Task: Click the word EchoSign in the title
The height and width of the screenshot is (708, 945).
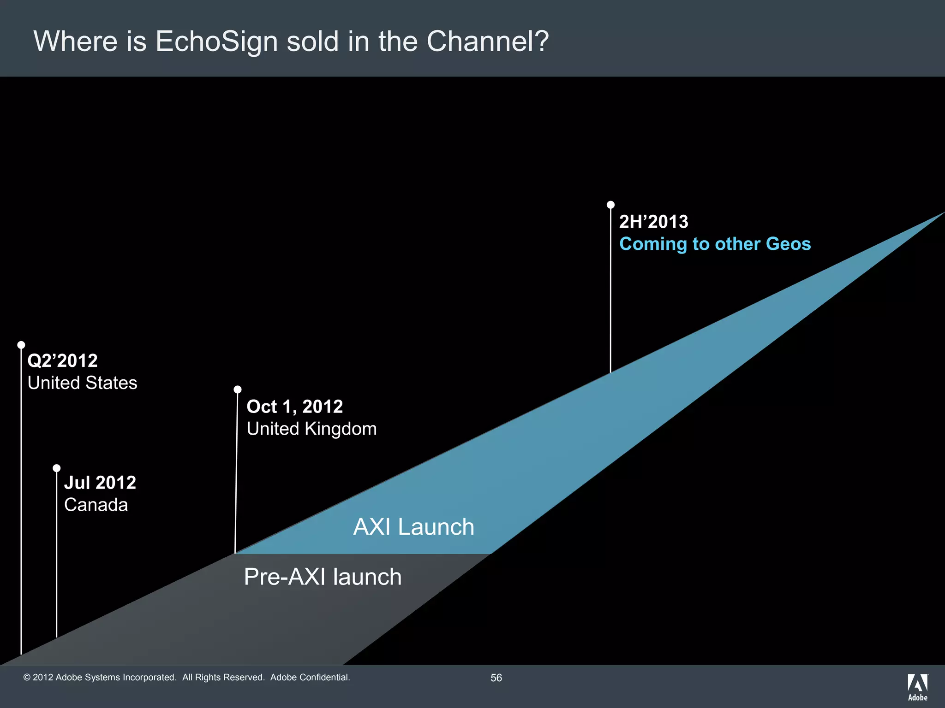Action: pyautogui.click(x=217, y=41)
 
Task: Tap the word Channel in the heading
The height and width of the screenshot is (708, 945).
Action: pyautogui.click(x=488, y=41)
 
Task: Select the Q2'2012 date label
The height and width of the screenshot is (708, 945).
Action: pyautogui.click(x=62, y=360)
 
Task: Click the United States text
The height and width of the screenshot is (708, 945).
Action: pyautogui.click(x=82, y=383)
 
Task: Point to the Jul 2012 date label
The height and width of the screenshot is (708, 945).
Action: pyautogui.click(x=100, y=483)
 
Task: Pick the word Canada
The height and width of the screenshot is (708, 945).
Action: pyautogui.click(x=96, y=505)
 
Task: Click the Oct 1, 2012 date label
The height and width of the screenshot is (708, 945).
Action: pyautogui.click(x=294, y=407)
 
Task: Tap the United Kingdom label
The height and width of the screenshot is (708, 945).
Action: pyautogui.click(x=311, y=429)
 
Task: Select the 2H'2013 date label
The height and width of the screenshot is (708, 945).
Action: pyautogui.click(x=653, y=222)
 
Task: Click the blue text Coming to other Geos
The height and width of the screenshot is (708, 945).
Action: pyautogui.click(x=715, y=244)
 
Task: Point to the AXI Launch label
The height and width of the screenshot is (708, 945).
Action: pyautogui.click(x=413, y=527)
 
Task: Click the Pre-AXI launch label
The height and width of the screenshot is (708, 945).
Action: pyautogui.click(x=323, y=577)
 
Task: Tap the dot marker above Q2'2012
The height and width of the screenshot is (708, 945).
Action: pyautogui.click(x=21, y=345)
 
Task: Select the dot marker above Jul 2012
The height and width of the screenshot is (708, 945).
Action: pyautogui.click(x=57, y=468)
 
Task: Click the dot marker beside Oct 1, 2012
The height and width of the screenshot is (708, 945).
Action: pyautogui.click(x=238, y=389)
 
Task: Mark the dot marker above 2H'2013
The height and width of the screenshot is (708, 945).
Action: pyautogui.click(x=610, y=205)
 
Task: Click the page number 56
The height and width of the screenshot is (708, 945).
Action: pyautogui.click(x=496, y=678)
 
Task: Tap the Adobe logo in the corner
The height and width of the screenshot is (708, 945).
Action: pyautogui.click(x=917, y=687)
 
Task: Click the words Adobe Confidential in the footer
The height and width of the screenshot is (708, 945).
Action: pyautogui.click(x=310, y=677)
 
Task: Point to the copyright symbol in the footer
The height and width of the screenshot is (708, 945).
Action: pyautogui.click(x=27, y=678)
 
